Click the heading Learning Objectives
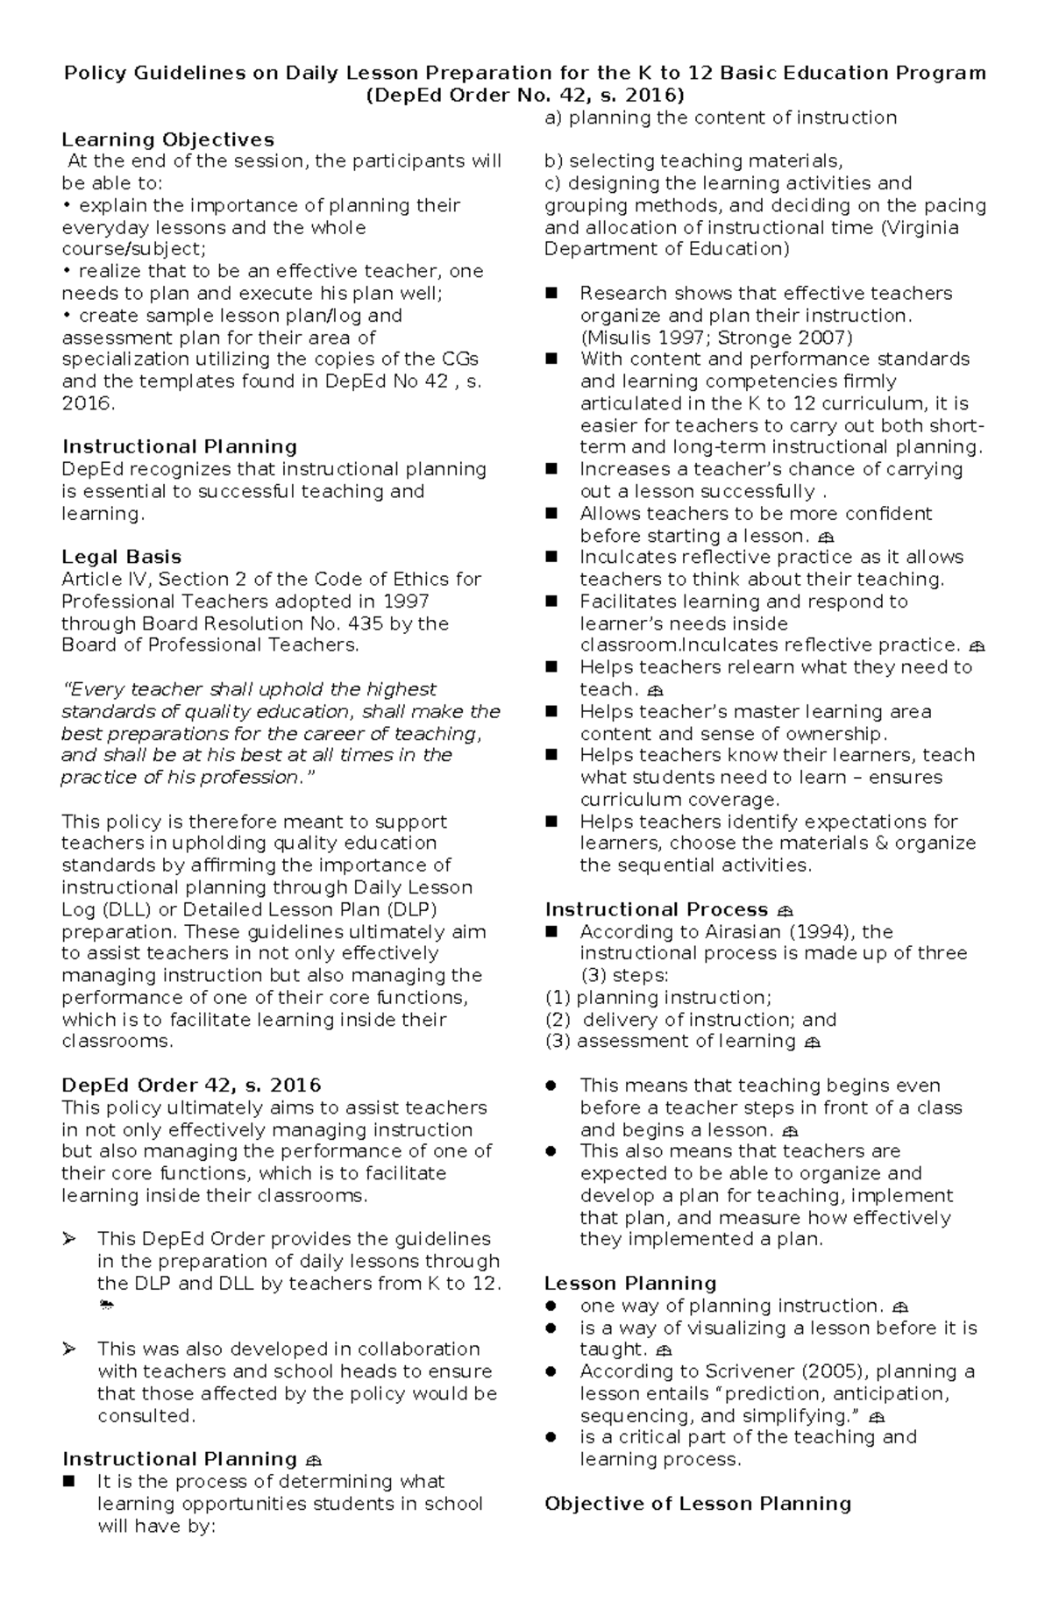click(167, 139)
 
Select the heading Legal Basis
click(121, 557)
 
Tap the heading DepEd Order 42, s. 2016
click(191, 1086)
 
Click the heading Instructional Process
click(656, 909)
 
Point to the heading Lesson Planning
click(630, 1283)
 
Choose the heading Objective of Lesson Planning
click(698, 1504)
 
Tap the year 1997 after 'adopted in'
click(407, 602)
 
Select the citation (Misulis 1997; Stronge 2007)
click(715, 338)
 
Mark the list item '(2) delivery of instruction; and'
click(691, 1020)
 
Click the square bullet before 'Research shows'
click(551, 293)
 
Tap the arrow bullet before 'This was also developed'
click(69, 1349)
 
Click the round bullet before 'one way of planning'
click(551, 1306)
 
